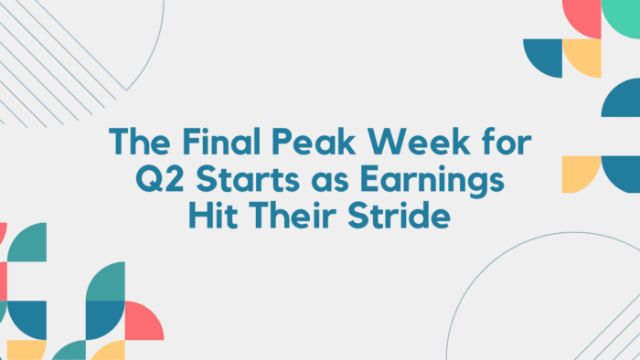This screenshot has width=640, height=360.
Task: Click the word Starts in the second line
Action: pyautogui.click(x=240, y=181)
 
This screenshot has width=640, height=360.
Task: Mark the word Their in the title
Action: pyautogui.click(x=286, y=218)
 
